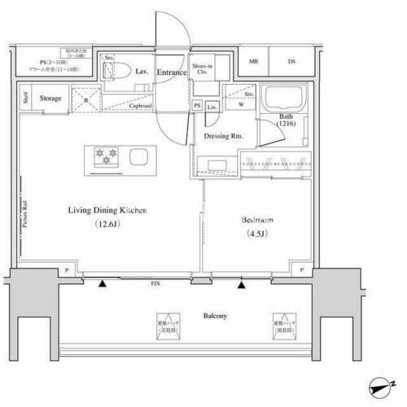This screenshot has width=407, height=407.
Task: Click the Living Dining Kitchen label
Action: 107,211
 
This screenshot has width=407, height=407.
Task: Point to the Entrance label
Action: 172,73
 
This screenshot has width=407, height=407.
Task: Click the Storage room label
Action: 51,98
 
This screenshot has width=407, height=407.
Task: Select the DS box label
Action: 291,62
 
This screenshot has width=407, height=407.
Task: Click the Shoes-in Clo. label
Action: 203,69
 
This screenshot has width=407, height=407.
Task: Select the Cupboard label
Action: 140,106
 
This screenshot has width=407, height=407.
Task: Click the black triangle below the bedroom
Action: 241,285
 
